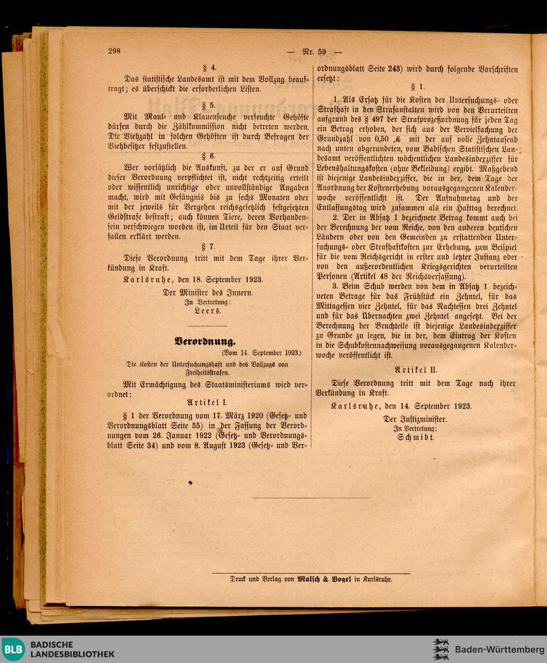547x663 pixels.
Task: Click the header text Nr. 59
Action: [x=315, y=52]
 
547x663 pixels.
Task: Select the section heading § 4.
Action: [x=210, y=68]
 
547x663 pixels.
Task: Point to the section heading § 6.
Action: [x=210, y=156]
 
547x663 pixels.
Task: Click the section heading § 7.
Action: [x=210, y=247]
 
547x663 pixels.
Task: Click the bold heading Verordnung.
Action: [x=205, y=342]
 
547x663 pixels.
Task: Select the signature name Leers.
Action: [x=208, y=310]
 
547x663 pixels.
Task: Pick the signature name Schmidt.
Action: [x=416, y=438]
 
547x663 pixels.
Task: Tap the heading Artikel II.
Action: [x=416, y=369]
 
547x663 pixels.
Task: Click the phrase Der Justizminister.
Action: [x=415, y=419]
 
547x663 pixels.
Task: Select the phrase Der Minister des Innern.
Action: [x=208, y=292]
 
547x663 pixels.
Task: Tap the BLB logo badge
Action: [x=13, y=649]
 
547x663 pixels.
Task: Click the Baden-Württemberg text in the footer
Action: [x=499, y=649]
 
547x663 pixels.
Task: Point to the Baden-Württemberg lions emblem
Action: [x=441, y=649]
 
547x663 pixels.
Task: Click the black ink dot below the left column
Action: [x=190, y=482]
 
